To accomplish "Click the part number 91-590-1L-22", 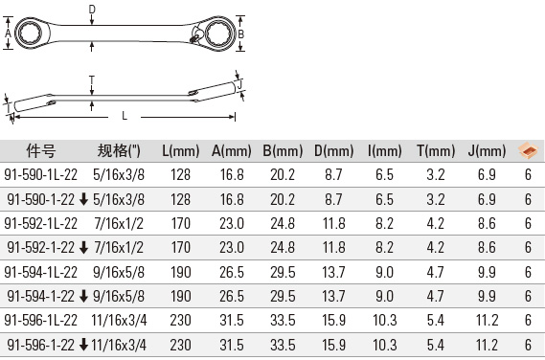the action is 40,174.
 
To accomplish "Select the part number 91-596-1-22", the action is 40,345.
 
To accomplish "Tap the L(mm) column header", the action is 181,151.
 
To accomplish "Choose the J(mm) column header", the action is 487,151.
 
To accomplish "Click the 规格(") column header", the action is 119,151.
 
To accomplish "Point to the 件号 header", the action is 40,151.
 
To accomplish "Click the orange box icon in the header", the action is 528,150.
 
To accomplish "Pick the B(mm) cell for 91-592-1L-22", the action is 283,223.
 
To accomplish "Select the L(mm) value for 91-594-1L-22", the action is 181,272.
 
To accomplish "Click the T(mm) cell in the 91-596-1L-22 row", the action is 436,320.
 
